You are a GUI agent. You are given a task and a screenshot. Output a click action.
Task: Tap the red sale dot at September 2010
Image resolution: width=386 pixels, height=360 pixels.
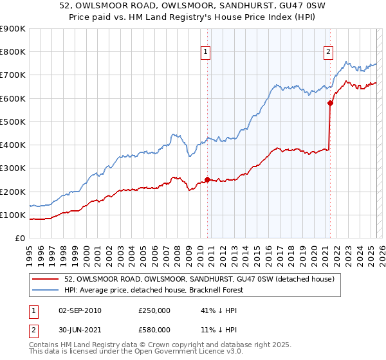click(x=207, y=180)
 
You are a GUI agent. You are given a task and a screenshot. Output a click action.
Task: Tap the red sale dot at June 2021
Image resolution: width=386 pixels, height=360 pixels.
click(x=330, y=103)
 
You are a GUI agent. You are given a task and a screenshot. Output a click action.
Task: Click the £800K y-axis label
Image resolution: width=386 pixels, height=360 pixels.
click(x=13, y=52)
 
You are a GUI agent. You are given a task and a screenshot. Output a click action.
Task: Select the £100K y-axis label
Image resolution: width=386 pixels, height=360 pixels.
click(x=13, y=215)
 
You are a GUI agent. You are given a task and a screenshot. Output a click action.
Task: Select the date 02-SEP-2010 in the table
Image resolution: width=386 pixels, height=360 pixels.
click(x=78, y=310)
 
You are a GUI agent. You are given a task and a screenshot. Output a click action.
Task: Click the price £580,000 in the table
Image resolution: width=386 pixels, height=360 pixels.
click(x=154, y=330)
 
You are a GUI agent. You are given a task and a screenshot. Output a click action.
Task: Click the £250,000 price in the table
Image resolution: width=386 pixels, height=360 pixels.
click(x=154, y=310)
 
